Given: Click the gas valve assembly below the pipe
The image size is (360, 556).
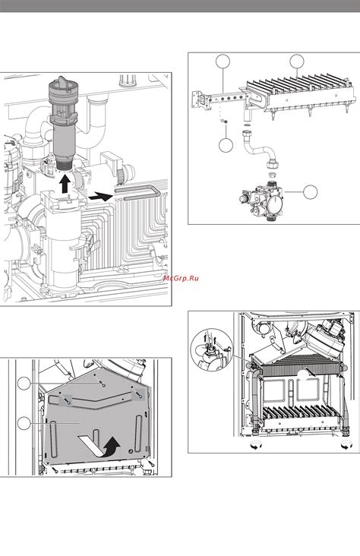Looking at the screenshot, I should coord(261,204).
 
